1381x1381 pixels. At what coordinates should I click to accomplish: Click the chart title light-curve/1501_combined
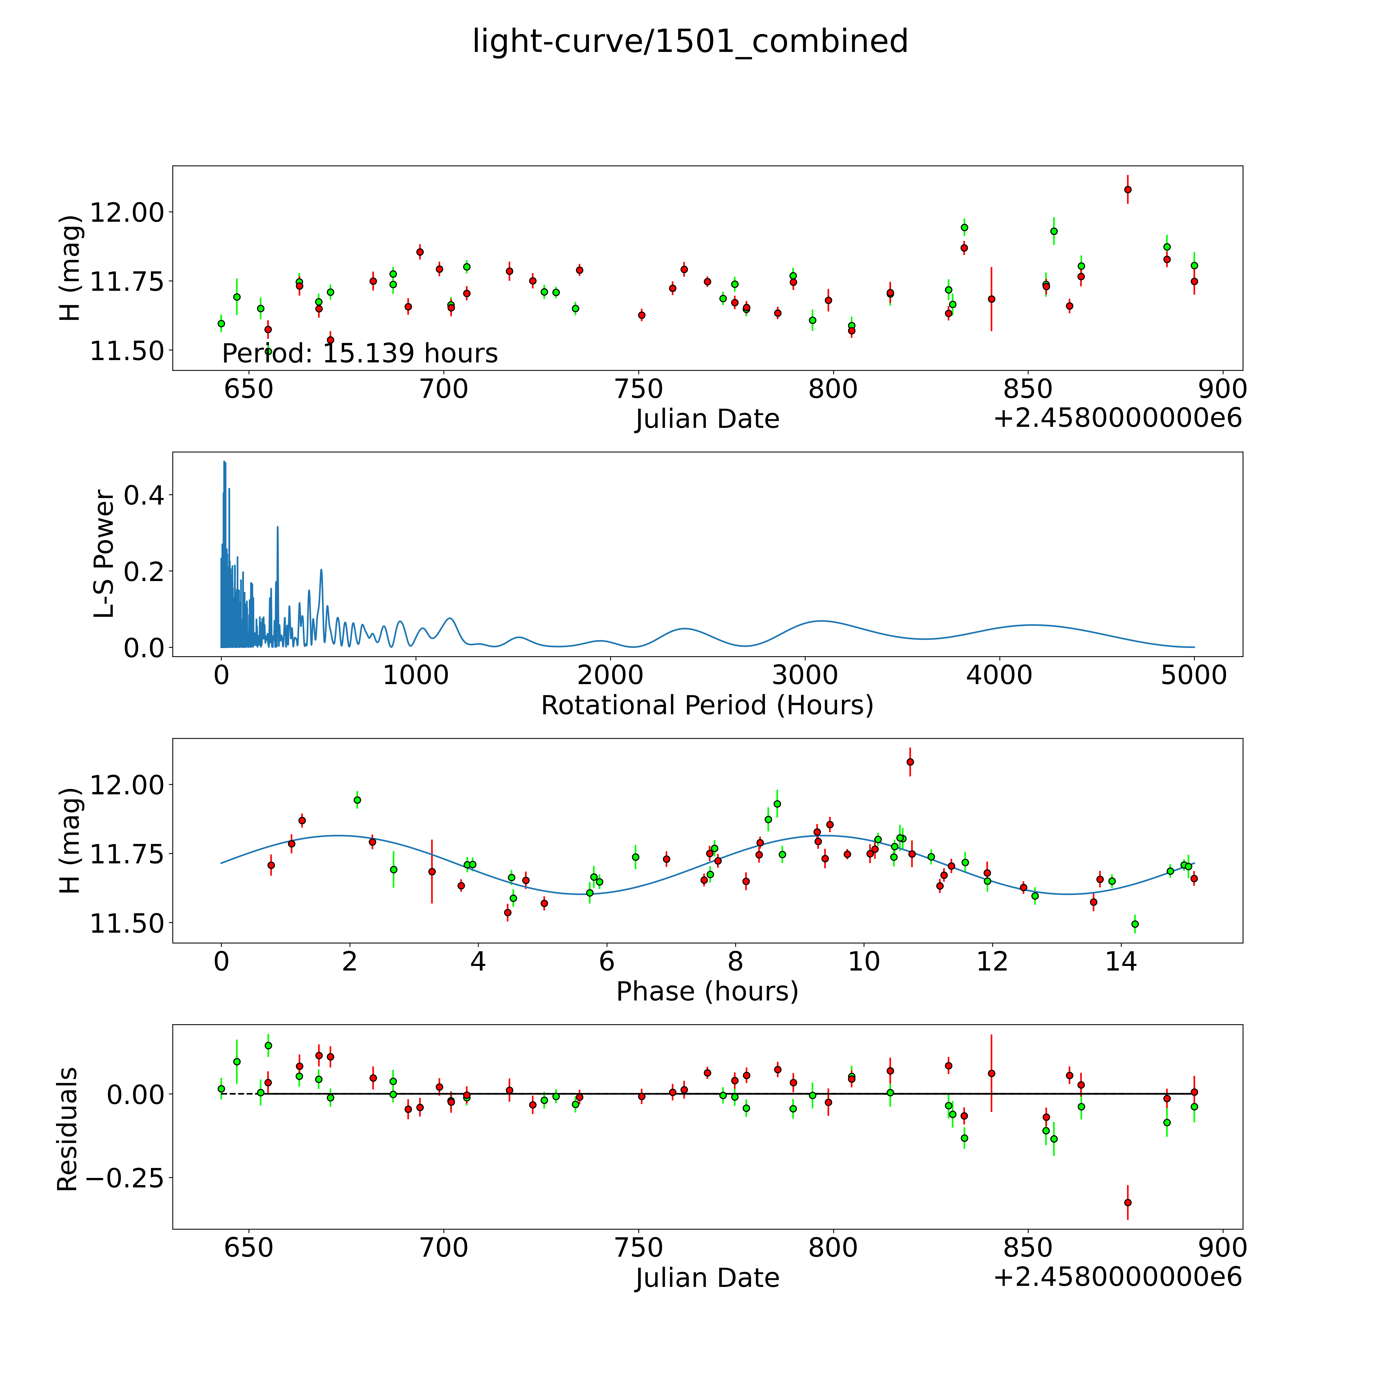[690, 41]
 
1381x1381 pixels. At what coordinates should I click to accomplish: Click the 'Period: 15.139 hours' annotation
[360, 353]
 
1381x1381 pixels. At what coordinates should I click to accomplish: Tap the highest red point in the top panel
[1127, 190]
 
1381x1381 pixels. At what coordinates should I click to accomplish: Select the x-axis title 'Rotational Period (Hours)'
[707, 706]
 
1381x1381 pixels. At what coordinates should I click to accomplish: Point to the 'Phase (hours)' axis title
[707, 992]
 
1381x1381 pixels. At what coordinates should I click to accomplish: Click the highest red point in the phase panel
[910, 762]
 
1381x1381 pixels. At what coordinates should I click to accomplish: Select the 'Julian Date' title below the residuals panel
[707, 1277]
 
